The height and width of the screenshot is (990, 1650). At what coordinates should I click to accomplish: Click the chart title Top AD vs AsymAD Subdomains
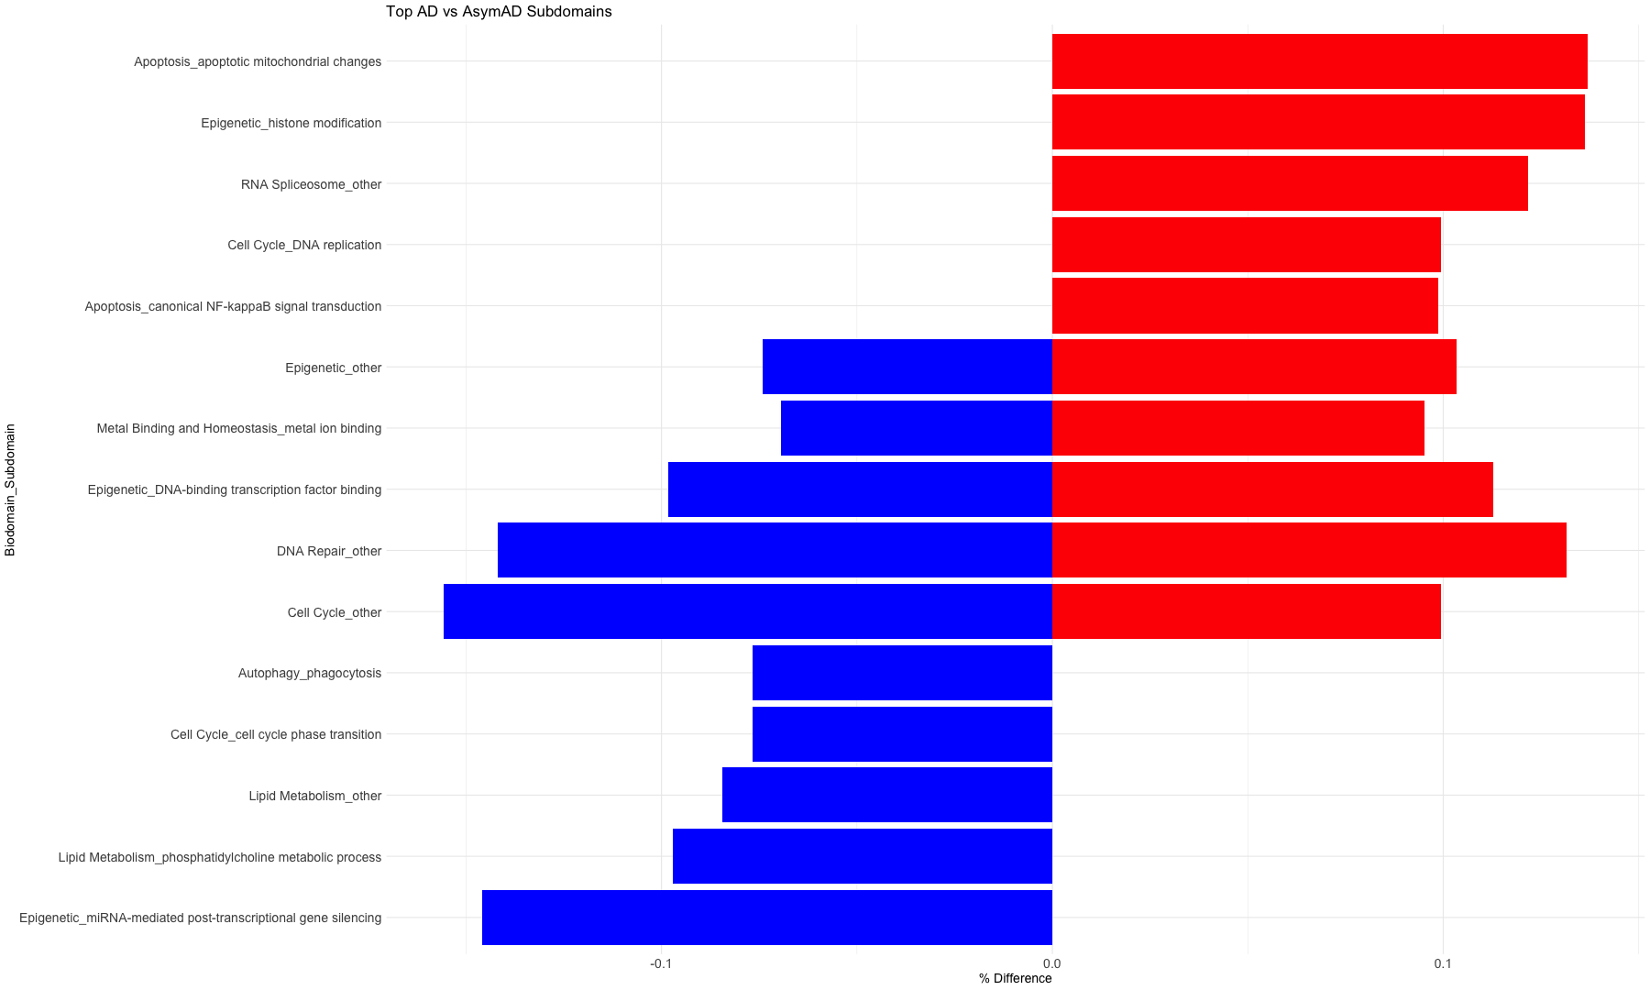[498, 12]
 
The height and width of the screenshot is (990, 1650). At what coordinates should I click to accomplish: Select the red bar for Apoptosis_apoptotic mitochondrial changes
[1319, 61]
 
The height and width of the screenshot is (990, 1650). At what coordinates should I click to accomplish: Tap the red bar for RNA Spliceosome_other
[1289, 183]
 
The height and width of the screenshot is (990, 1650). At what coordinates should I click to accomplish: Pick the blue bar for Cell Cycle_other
[747, 611]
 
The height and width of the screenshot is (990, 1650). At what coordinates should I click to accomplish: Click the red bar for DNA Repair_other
[1308, 550]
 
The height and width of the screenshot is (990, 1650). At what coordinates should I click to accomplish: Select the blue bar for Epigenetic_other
[907, 367]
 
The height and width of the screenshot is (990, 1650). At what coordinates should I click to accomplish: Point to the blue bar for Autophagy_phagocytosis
[902, 673]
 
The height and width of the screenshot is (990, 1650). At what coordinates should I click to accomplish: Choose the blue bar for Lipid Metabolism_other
[886, 795]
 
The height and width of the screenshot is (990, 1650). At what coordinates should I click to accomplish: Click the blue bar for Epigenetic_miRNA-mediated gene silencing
[766, 918]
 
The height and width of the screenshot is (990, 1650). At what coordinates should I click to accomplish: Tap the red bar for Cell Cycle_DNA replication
[1246, 245]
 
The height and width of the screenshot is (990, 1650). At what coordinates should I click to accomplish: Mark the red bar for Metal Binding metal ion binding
[1237, 428]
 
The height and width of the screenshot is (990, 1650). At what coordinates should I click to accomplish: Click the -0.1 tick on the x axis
[661, 963]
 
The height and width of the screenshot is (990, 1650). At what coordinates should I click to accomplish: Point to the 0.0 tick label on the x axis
[1051, 963]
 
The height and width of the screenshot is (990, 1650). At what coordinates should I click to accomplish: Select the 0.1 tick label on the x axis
[1443, 963]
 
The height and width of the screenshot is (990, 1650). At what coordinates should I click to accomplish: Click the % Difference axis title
[1015, 978]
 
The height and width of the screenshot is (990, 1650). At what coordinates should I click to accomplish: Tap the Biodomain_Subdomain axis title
[10, 489]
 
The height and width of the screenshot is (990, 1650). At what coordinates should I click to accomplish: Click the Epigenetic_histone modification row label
[291, 123]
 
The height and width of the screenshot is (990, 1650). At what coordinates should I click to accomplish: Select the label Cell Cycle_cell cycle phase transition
[275, 734]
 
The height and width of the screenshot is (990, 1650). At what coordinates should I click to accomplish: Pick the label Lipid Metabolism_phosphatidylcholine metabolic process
[219, 857]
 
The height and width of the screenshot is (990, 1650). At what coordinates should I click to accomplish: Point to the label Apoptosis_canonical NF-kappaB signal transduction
[233, 306]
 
